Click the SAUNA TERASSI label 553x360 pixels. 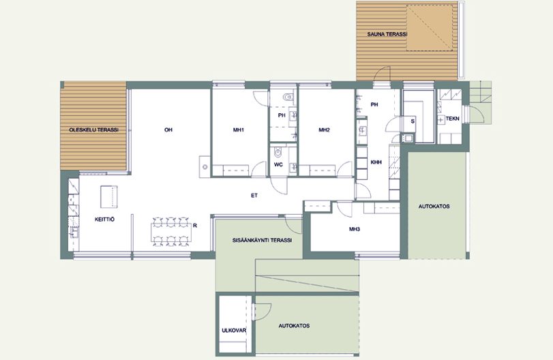click(x=387, y=34)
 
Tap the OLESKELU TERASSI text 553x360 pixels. click(x=94, y=130)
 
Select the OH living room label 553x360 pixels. click(x=168, y=130)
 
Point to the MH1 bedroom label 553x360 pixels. click(x=239, y=130)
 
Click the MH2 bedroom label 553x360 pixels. click(x=324, y=130)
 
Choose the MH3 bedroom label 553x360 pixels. click(x=355, y=229)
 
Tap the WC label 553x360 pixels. click(x=278, y=165)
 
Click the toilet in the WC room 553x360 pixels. click(x=278, y=152)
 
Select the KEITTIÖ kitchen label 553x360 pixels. click(x=104, y=220)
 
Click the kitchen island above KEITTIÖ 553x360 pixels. click(x=108, y=197)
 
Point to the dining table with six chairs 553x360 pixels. click(x=171, y=232)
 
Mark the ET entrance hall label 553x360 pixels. click(x=254, y=195)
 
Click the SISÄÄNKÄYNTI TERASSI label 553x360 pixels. click(x=262, y=241)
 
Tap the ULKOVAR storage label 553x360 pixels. click(x=234, y=331)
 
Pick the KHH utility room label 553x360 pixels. click(x=376, y=162)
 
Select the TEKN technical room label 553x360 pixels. click(x=453, y=119)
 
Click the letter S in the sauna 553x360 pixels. click(x=413, y=121)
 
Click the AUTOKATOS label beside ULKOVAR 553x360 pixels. click(x=294, y=326)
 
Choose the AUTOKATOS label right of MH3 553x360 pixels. click(x=434, y=207)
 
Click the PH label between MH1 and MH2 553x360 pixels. click(x=282, y=115)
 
